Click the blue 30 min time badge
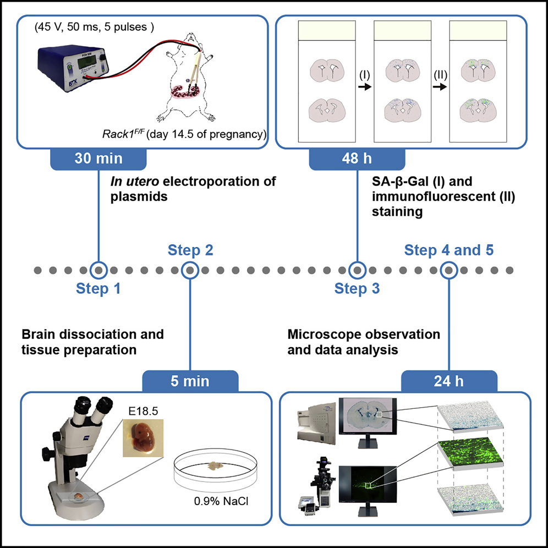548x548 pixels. [x=98, y=159]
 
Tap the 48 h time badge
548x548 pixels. [x=357, y=159]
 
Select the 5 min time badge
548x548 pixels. [x=190, y=381]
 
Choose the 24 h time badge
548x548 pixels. [x=449, y=381]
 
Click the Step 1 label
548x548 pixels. [x=98, y=288]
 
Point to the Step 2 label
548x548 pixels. [x=190, y=251]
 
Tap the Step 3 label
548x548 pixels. [x=357, y=288]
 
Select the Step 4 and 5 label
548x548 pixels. [x=449, y=251]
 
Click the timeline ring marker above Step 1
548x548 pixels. [x=98, y=270]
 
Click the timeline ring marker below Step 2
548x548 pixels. [x=190, y=270]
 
